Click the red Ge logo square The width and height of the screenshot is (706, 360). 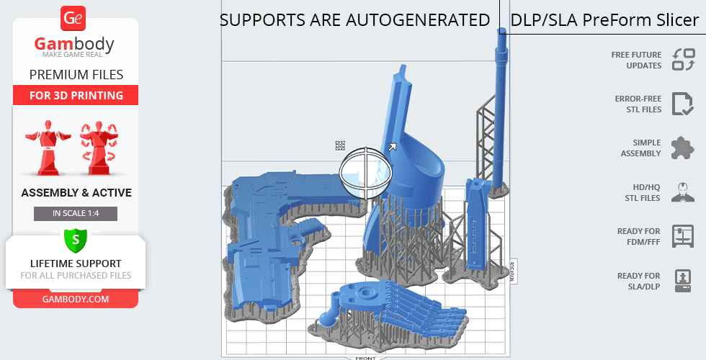(x=73, y=19)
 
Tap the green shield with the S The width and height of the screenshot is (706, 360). (x=76, y=239)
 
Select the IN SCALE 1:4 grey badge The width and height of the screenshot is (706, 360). (x=76, y=213)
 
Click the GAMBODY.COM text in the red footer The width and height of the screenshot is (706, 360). (x=76, y=300)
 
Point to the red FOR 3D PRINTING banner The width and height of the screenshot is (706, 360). (x=76, y=95)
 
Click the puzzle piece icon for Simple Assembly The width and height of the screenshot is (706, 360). (x=682, y=148)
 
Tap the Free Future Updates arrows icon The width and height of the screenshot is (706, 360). (x=683, y=60)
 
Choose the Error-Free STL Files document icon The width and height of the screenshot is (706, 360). (x=682, y=104)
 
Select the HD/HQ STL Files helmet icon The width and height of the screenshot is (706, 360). (x=683, y=192)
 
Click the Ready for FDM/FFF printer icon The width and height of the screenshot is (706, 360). (x=683, y=236)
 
